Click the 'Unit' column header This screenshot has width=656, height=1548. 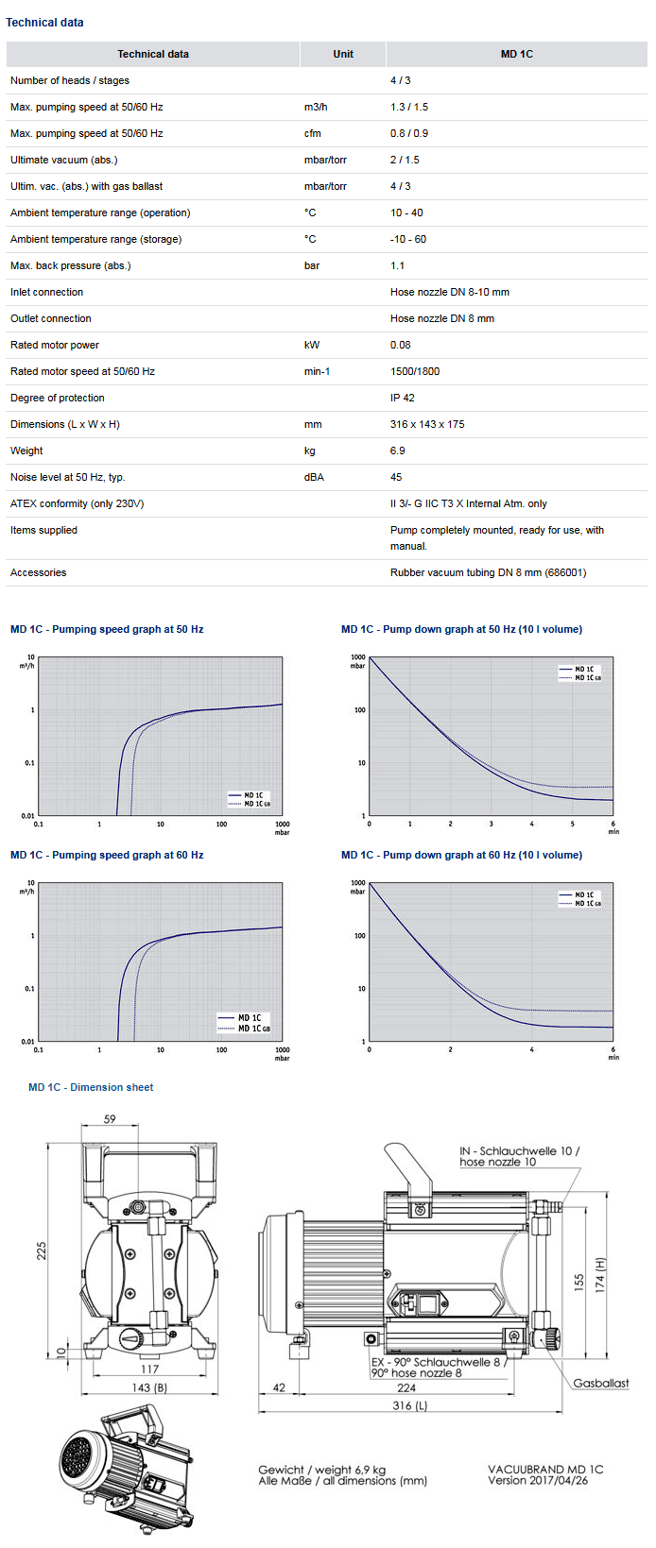[343, 54]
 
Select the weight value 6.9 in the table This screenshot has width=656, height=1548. [398, 451]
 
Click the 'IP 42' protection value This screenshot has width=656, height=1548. [403, 398]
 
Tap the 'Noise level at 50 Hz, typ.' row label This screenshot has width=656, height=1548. [67, 477]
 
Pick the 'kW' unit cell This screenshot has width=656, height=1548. [312, 345]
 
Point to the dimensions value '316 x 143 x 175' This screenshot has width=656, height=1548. [427, 424]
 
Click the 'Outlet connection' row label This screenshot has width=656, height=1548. [51, 318]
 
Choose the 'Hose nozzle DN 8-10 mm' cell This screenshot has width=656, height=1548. [450, 292]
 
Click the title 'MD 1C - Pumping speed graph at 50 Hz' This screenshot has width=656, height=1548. [107, 629]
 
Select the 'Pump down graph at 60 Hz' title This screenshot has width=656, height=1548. [461, 855]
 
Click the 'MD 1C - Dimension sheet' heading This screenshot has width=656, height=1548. [91, 1087]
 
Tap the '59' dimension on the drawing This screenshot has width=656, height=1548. [110, 1119]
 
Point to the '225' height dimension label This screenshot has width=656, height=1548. [41, 1250]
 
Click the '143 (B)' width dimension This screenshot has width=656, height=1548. [149, 1387]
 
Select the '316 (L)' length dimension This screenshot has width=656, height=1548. [409, 1405]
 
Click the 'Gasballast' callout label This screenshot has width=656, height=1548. [600, 1383]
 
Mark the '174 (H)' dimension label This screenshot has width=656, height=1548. [599, 1275]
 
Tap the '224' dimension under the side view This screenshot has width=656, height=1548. [406, 1387]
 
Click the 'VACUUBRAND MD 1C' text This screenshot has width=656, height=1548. [545, 1469]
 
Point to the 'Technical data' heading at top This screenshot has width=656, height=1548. [44, 22]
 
